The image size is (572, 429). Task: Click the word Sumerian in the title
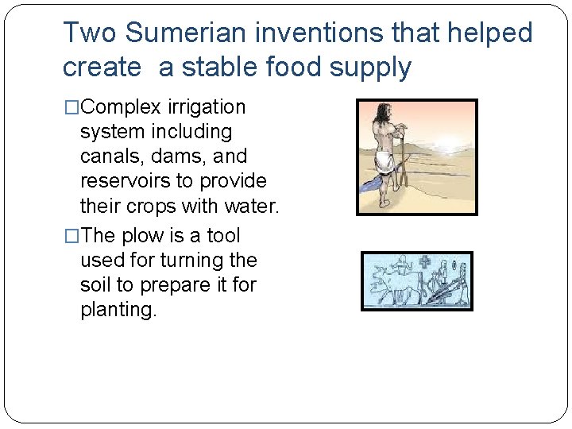coord(187,33)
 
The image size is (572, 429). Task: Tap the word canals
coord(109,157)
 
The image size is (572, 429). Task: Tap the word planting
coord(118,310)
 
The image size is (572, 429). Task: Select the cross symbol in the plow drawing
coord(425,263)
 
